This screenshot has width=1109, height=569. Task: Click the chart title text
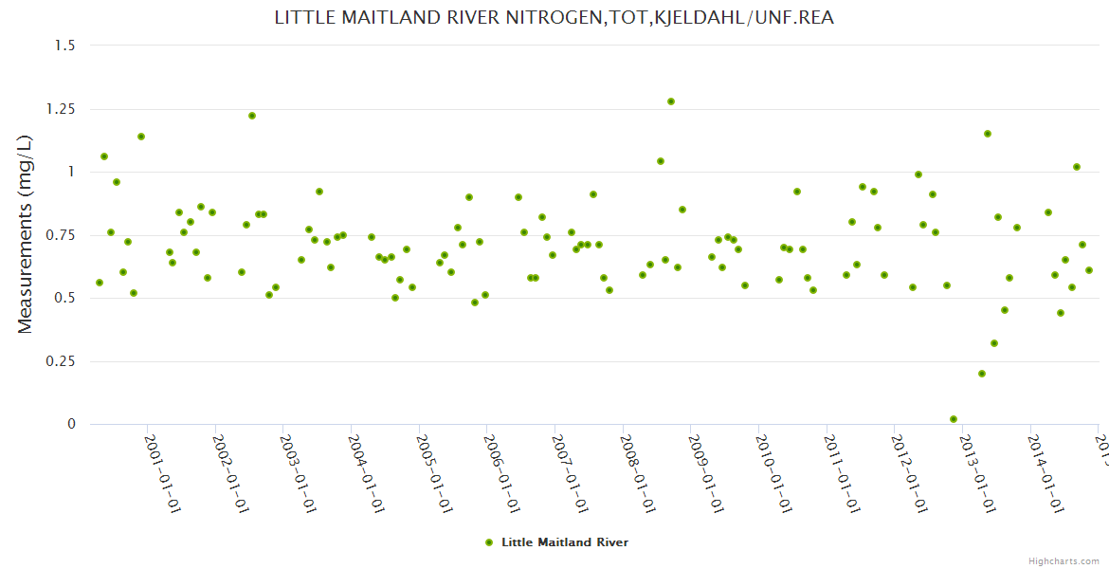[x=554, y=17]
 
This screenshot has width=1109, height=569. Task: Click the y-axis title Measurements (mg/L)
[x=26, y=233]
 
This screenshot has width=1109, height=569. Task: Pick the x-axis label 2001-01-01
[x=162, y=473]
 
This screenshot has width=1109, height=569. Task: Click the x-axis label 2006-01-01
[x=500, y=473]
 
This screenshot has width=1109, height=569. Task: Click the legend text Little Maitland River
[x=565, y=542]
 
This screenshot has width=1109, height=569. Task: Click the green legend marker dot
[x=489, y=542]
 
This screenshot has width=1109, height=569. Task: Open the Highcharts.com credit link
[x=1064, y=560]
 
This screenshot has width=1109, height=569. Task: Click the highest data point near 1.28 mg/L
[x=671, y=101]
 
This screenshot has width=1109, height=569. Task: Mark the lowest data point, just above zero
[x=954, y=419]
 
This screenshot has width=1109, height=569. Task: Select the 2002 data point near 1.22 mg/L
[x=252, y=116]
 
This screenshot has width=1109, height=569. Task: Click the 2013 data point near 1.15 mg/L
[x=988, y=134]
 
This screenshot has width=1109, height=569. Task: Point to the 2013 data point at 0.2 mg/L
[x=982, y=374]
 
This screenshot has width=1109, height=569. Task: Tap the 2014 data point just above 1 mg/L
[x=1077, y=167]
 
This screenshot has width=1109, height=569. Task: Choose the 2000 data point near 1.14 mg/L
[x=141, y=137]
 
